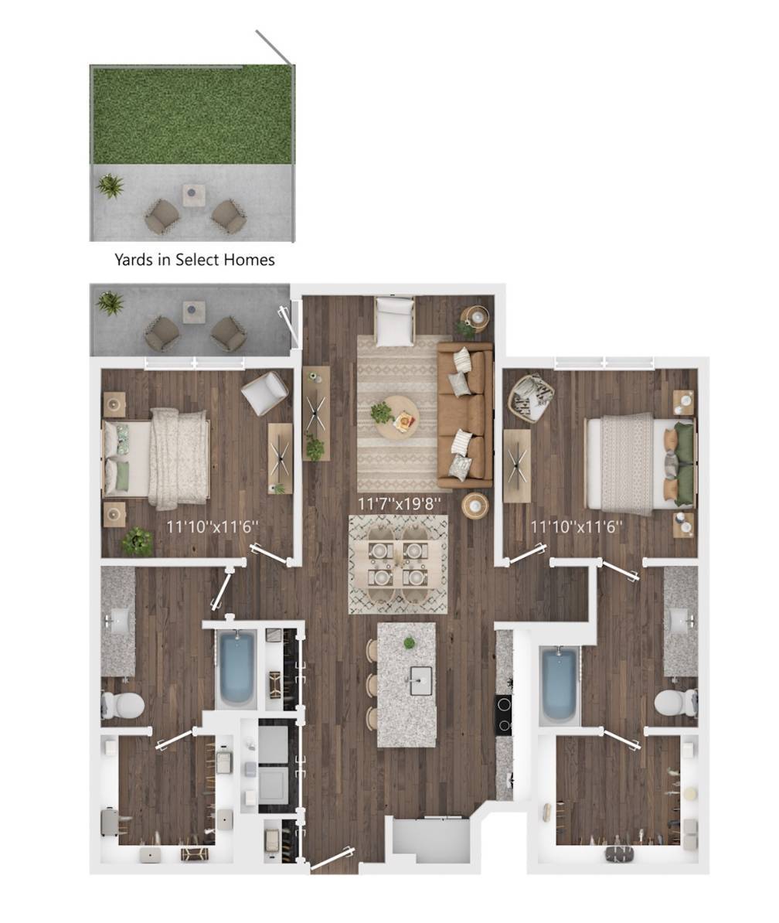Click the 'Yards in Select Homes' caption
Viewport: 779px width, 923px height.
pos(195,260)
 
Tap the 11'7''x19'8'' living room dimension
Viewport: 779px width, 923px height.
pos(400,503)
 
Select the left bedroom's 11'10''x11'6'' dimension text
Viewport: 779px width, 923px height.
pos(213,526)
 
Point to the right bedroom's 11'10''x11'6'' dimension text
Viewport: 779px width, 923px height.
pos(577,526)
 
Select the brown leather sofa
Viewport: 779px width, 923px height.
pos(464,416)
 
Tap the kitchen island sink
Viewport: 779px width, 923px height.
pos(420,680)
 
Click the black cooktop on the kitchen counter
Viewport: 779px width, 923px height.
pos(503,714)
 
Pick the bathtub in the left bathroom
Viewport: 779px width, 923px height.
pos(237,669)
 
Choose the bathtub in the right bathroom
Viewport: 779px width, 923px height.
pos(560,685)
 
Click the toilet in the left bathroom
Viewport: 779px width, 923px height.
pos(123,704)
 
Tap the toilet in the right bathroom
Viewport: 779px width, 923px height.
pos(675,702)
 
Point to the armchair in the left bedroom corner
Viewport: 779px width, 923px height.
pos(264,393)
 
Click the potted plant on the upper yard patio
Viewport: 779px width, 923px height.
pos(110,186)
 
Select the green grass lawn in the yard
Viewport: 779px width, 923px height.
pos(192,115)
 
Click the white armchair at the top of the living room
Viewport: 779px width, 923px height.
pos(395,322)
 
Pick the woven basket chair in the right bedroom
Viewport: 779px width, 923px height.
pos(532,399)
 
